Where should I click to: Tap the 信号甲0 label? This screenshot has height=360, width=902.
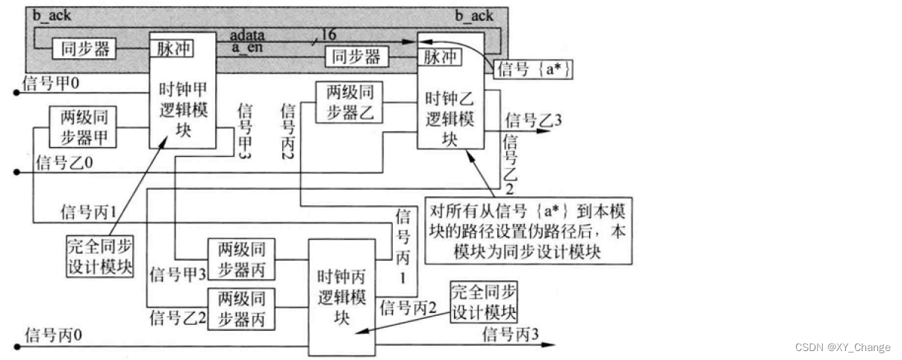tap(51, 83)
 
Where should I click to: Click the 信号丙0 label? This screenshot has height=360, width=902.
tap(52, 335)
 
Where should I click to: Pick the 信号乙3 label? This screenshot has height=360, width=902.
tap(533, 120)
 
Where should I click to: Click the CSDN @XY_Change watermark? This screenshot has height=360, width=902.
tap(842, 347)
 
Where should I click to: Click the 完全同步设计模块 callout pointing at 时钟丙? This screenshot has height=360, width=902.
tap(483, 302)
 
